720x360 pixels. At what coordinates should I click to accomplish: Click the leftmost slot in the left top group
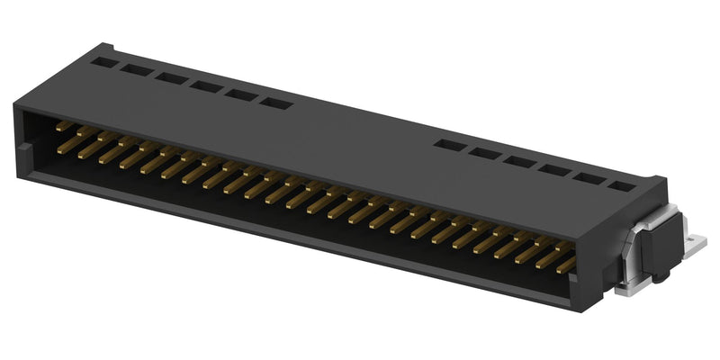click(x=105, y=63)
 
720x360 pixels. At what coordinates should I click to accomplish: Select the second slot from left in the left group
click(x=138, y=70)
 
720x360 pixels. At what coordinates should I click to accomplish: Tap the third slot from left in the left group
click(x=170, y=78)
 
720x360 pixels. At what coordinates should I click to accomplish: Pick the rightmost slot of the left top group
click(x=275, y=102)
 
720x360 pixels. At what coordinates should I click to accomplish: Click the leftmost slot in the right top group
click(x=448, y=144)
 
